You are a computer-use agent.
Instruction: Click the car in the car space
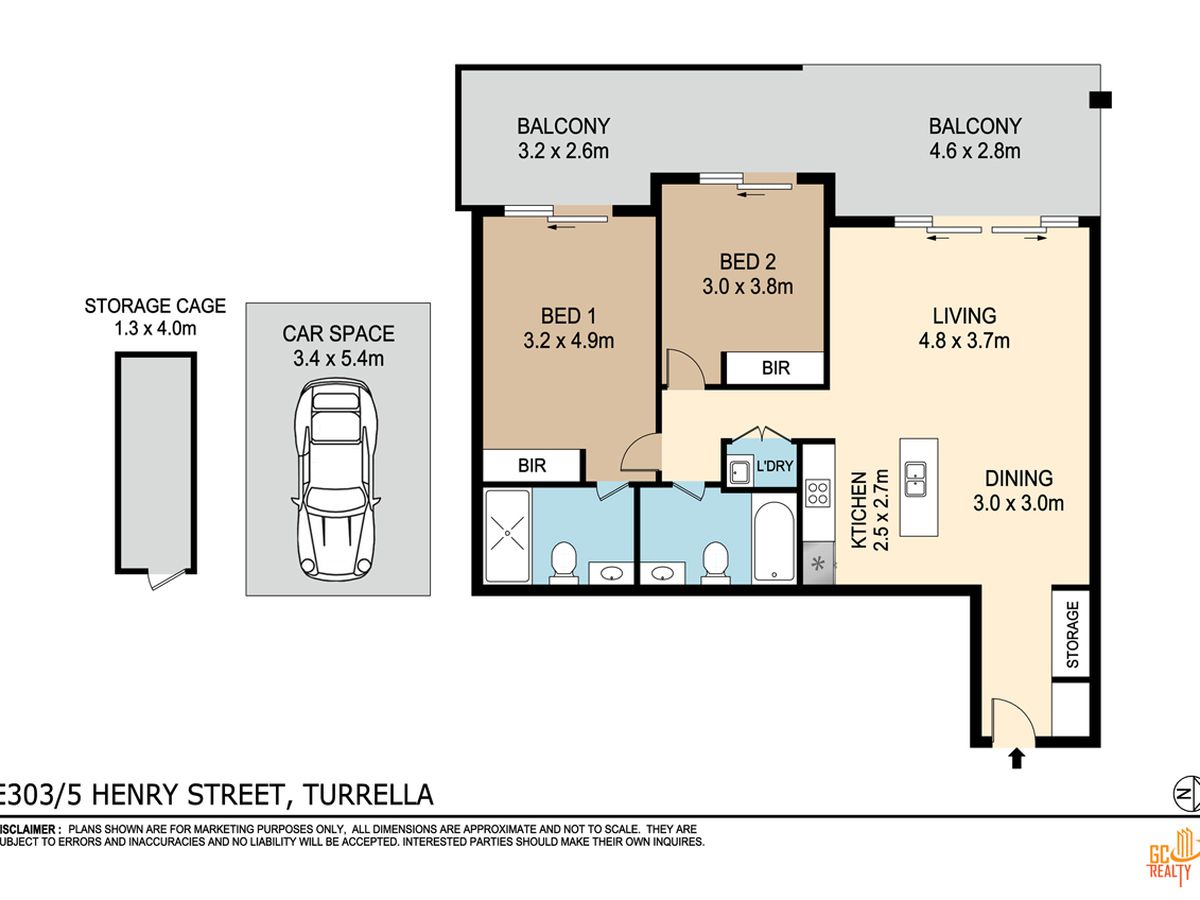(336, 480)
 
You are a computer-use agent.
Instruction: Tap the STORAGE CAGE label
(155, 305)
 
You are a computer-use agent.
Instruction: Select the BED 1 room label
(569, 316)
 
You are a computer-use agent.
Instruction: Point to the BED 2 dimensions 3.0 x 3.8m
(747, 286)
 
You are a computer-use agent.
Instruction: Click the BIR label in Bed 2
(776, 368)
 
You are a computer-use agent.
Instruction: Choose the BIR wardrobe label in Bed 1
(532, 466)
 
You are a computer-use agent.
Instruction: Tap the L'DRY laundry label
(775, 466)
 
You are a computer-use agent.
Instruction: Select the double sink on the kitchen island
(915, 479)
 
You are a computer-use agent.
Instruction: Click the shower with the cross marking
(507, 536)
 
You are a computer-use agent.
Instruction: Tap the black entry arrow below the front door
(1016, 759)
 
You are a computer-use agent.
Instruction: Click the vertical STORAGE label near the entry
(1073, 634)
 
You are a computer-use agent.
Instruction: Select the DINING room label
(1018, 478)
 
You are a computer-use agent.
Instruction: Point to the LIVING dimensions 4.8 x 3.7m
(964, 340)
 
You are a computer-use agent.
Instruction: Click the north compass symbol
(1186, 794)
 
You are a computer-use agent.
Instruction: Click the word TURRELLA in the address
(368, 795)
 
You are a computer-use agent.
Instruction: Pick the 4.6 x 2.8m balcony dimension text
(975, 151)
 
